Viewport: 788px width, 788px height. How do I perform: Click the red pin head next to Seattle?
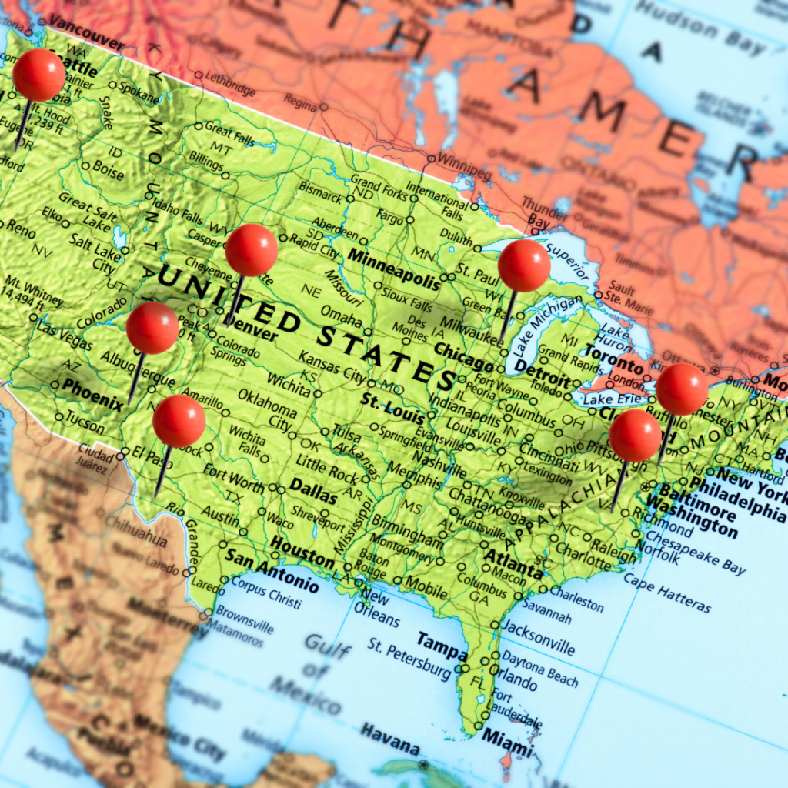tap(39, 75)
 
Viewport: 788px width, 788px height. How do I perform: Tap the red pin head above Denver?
tap(252, 250)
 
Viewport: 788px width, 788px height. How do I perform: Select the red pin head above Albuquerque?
tap(152, 328)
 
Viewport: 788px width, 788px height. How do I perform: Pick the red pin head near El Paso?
tap(179, 421)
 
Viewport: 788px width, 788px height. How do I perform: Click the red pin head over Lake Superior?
tap(524, 265)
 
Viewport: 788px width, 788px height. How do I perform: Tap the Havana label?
tap(390, 738)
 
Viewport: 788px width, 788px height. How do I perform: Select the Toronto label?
tap(613, 356)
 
